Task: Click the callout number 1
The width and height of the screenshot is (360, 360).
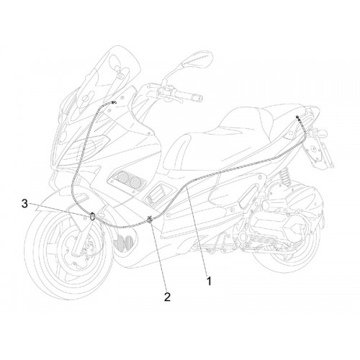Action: click(x=210, y=281)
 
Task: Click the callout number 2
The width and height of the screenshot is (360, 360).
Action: click(x=167, y=297)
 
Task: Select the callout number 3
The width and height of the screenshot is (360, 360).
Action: click(x=24, y=204)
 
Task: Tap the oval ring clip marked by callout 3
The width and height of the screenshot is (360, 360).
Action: click(x=92, y=217)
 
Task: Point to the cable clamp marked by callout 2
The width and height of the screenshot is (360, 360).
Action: click(x=150, y=220)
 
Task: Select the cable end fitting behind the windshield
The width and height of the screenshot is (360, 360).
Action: click(x=114, y=103)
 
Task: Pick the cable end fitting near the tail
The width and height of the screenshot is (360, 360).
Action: click(x=298, y=117)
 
